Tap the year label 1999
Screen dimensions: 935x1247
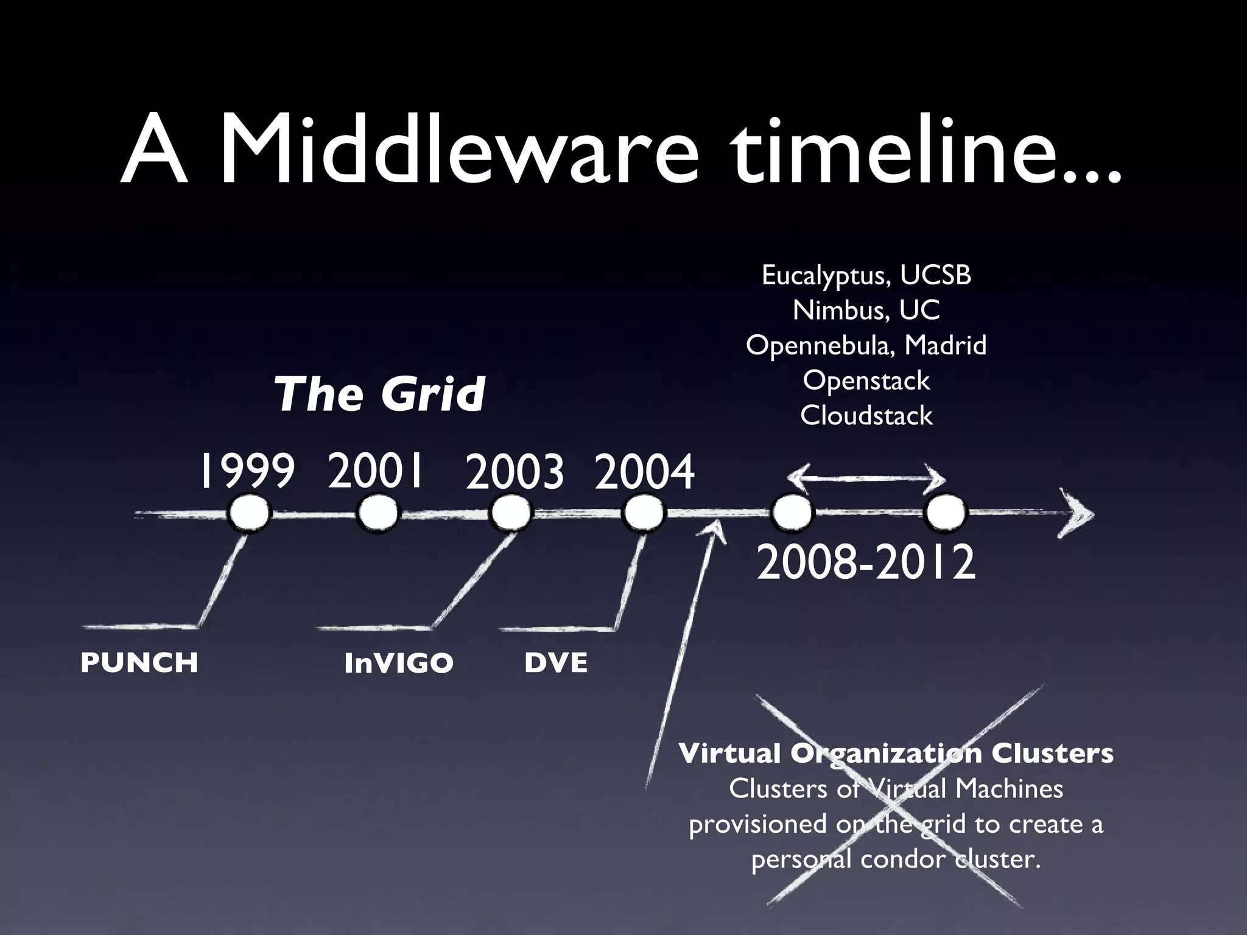[246, 472]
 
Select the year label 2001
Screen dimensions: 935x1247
[375, 471]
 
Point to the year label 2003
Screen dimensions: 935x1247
[515, 473]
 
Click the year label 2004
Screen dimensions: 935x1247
[644, 473]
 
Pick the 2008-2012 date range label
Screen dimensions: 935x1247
[866, 563]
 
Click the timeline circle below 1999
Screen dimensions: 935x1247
[248, 514]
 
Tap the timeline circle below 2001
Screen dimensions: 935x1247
[378, 514]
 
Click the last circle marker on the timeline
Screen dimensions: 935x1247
[945, 514]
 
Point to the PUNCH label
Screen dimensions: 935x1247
[139, 662]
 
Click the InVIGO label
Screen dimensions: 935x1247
[399, 663]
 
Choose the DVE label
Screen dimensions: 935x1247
[556, 662]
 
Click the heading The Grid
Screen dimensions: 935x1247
[379, 394]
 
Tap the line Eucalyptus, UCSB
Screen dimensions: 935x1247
[866, 276]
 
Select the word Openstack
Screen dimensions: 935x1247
[866, 381]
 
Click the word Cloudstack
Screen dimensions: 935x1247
[866, 416]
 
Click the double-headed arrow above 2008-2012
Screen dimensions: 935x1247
[866, 480]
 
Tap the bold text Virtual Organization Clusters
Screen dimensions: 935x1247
[896, 754]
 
